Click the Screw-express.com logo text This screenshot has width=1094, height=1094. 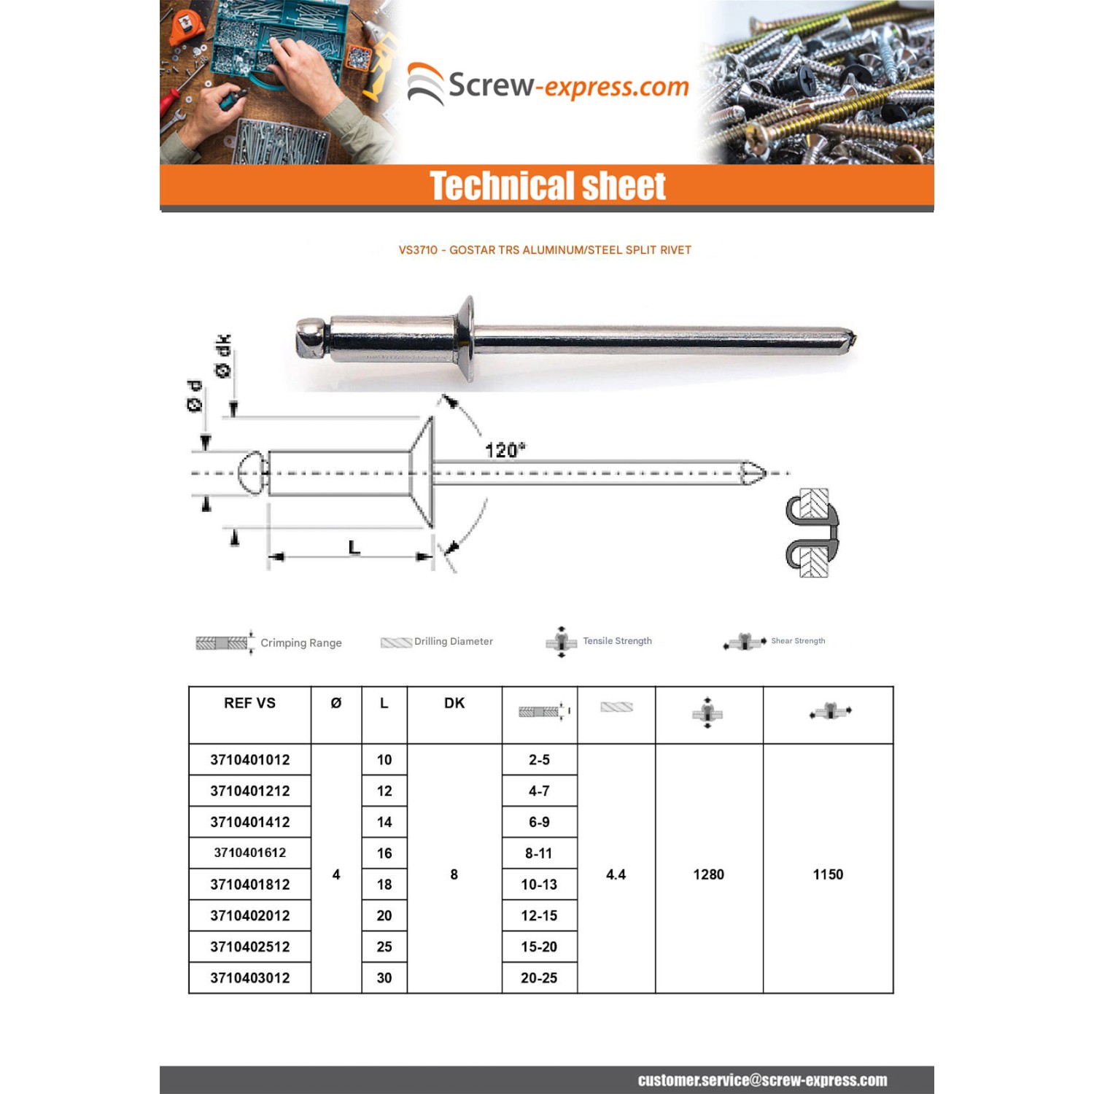tap(567, 86)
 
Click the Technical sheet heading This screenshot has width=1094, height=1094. tap(547, 186)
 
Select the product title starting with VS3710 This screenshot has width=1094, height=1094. tap(544, 250)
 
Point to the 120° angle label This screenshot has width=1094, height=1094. tap(505, 450)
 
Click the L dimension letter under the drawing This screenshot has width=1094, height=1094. tap(354, 547)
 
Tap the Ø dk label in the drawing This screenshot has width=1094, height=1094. tap(223, 356)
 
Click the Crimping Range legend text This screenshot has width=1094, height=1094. tap(300, 643)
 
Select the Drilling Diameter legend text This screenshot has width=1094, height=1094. tap(453, 641)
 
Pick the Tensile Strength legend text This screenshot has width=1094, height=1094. tap(617, 641)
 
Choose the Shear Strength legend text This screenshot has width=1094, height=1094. tap(798, 641)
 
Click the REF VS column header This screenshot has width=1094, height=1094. tap(249, 703)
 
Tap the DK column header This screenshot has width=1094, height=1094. tap(454, 703)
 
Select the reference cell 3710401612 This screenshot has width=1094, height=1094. tap(249, 853)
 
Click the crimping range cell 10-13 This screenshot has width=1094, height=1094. tap(539, 884)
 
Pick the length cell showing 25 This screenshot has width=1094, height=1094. tap(384, 947)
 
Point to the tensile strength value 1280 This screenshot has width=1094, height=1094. tap(708, 874)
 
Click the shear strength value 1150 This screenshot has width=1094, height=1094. tap(828, 874)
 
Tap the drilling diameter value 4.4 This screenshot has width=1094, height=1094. tap(616, 874)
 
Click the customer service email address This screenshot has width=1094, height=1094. tap(762, 1080)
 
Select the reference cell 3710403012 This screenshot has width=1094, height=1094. tap(249, 978)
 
